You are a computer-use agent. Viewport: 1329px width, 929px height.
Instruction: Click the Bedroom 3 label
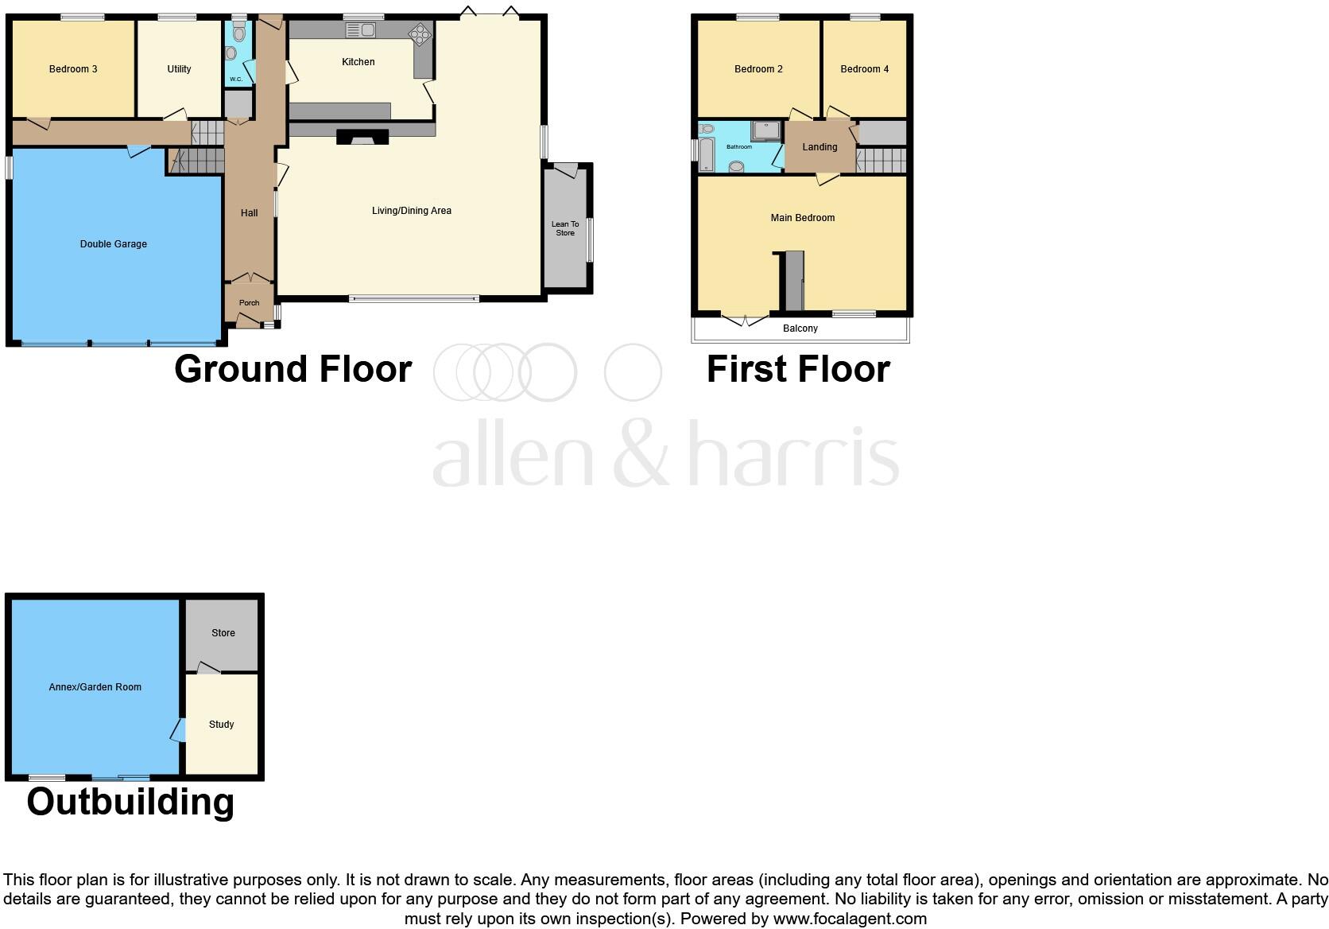(73, 69)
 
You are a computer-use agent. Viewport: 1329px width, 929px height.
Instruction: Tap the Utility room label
(179, 69)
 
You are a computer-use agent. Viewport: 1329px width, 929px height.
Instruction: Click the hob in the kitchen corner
(419, 33)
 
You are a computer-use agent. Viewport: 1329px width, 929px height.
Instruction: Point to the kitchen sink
(362, 30)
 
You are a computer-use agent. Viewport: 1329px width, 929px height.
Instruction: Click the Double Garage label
(114, 244)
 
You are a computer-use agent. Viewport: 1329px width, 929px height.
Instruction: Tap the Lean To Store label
(565, 228)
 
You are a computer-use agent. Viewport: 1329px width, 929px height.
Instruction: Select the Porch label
(249, 302)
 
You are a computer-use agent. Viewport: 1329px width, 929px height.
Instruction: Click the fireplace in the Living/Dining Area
(362, 137)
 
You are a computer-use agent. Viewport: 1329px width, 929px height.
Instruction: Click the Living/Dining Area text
(412, 211)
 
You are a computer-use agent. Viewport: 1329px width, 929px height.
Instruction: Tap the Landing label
(819, 147)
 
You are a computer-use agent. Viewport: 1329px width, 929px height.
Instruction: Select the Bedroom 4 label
(864, 69)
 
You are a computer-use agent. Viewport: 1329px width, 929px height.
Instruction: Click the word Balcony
(800, 328)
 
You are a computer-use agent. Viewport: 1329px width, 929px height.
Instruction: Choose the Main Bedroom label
(802, 217)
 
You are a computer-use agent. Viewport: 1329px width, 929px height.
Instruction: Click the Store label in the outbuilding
(223, 633)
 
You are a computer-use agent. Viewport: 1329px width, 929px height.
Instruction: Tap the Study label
(221, 725)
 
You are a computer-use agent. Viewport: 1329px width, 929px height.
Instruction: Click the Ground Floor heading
(293, 369)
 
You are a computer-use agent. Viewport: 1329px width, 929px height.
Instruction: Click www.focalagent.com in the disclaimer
(850, 919)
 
